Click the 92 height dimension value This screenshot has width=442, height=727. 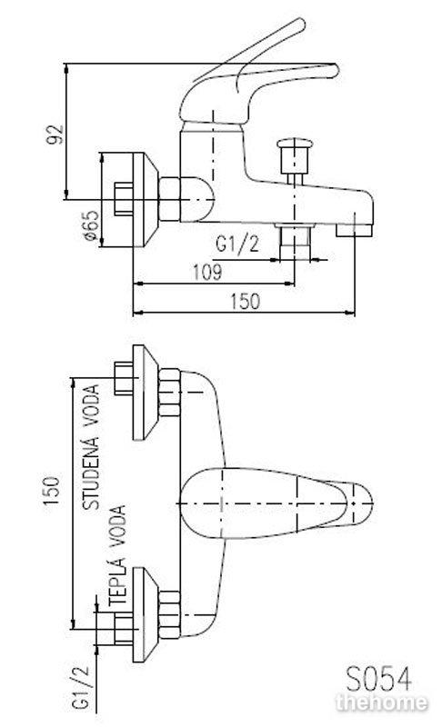55,134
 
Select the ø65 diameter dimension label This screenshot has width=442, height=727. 91,225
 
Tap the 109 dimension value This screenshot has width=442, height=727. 207,272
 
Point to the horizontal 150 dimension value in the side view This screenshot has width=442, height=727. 246,302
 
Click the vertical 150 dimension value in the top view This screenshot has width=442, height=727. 51,491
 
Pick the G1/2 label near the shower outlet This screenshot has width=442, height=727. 237,244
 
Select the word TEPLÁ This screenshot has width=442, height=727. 117,581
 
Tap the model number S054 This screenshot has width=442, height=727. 378,680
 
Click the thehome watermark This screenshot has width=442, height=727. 381,702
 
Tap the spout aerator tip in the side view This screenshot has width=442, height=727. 355,231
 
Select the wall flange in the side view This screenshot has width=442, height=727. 146,199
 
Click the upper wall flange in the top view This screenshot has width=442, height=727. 146,393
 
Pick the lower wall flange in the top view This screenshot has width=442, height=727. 146,614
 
